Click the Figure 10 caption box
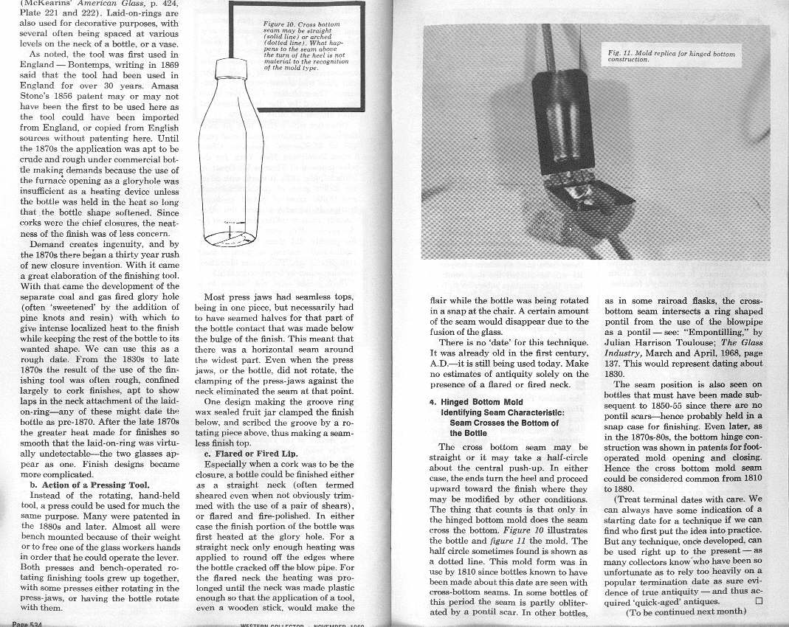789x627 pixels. click(303, 46)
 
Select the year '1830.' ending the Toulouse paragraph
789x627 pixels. click(617, 373)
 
